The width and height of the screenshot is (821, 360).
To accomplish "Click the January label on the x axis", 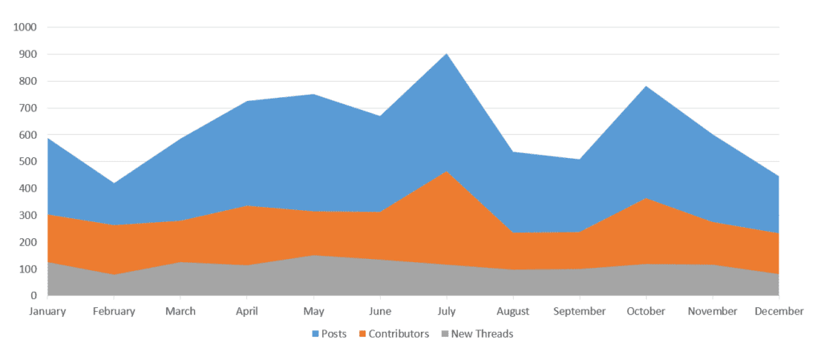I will tap(47, 311).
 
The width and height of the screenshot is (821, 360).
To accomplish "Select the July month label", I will tap(446, 311).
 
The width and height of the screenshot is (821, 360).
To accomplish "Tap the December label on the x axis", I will tap(778, 311).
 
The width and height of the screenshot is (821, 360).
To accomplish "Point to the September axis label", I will tap(579, 311).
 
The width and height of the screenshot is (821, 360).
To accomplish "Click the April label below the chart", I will tap(247, 311).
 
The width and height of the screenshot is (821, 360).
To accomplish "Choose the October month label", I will tap(645, 311).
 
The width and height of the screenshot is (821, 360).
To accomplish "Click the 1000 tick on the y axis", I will tap(25, 27).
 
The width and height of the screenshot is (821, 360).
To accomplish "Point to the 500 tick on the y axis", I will tap(27, 162).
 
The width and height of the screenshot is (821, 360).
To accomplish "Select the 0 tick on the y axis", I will tap(34, 296).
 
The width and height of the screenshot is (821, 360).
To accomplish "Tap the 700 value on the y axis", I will tap(27, 108).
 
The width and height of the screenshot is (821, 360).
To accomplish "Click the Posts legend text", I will tap(334, 334).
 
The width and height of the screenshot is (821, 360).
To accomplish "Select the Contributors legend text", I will tap(398, 334).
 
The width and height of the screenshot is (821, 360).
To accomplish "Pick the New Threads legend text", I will tap(482, 334).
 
